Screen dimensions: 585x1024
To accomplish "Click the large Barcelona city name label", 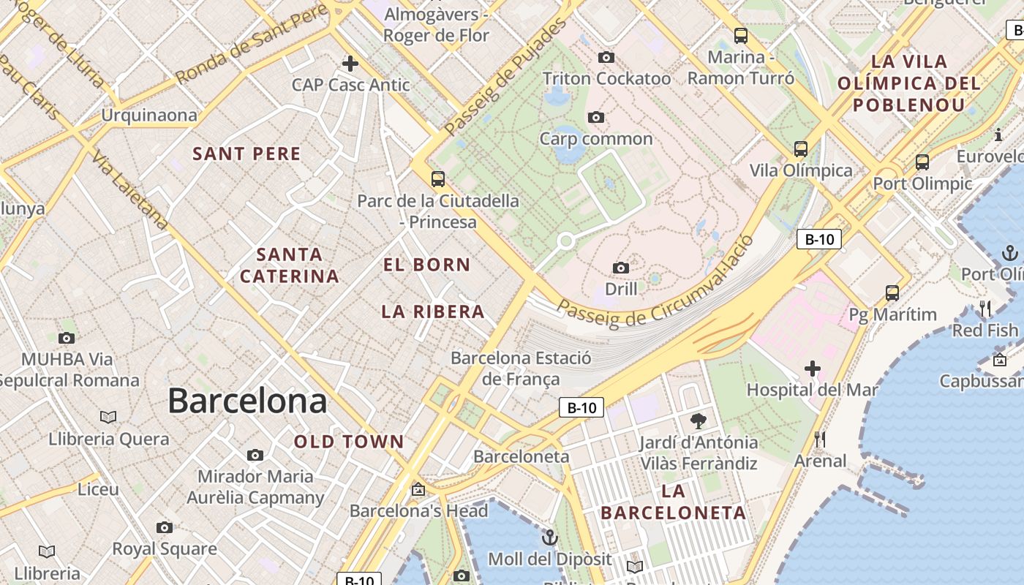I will tap(247, 401).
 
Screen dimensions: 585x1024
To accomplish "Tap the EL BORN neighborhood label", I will tap(427, 265).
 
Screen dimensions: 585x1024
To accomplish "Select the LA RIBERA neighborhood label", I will tap(433, 312).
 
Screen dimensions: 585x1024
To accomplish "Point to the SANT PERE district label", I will tap(246, 154).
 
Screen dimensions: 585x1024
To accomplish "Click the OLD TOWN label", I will tap(349, 442).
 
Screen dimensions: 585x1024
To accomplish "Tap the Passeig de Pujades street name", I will tap(505, 77).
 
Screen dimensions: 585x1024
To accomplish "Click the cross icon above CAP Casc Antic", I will tap(350, 64).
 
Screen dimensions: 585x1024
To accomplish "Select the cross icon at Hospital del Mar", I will tap(812, 369).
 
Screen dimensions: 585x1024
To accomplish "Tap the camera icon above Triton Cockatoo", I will tap(606, 57).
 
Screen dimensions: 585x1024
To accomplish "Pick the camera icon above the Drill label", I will tap(621, 268).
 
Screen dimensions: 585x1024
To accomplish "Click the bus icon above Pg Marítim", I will tap(892, 293).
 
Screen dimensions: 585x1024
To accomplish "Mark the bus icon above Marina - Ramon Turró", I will tap(740, 35).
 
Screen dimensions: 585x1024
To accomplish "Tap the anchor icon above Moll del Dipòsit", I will tap(549, 538).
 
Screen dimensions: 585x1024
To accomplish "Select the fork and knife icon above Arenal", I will tap(820, 439).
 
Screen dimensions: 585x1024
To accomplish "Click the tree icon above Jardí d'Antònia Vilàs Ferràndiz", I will tap(699, 420).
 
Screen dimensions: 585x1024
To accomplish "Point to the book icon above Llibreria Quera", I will tap(108, 417).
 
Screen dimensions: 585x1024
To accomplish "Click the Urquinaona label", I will tap(149, 115).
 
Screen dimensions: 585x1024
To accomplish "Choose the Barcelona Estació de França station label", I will tap(521, 369).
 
